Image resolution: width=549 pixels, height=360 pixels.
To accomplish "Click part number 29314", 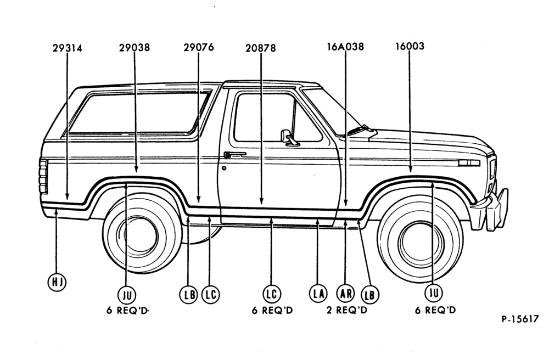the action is point(67,48).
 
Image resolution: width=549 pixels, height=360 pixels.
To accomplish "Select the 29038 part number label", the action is point(134,48).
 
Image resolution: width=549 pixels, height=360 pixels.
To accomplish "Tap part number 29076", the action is point(199,47).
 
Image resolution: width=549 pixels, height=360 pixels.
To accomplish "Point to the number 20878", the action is point(260,48).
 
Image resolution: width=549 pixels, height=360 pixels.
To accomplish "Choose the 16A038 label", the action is point(345,47).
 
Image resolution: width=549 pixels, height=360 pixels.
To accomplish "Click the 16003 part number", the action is point(410,46).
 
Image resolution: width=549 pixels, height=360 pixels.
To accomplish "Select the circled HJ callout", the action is point(57,282).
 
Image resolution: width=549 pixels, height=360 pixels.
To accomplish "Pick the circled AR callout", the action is point(345,293).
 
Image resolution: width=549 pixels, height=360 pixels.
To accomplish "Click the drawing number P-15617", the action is point(520,319).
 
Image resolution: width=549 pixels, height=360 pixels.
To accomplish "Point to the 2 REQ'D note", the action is point(346,310).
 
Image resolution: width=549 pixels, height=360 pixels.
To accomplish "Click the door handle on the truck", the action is point(234,154).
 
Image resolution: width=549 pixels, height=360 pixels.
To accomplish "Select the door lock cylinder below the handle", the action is point(224,168).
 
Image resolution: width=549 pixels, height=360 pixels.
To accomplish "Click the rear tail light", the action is point(44,177).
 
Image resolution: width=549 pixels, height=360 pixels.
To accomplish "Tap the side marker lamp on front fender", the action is point(469,163).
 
